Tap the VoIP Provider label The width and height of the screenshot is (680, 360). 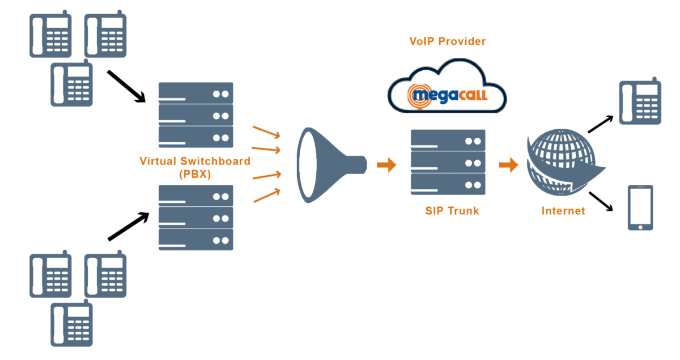[x=448, y=41]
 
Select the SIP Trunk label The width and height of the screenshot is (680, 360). [x=452, y=211]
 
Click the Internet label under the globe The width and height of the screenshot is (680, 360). [x=563, y=211]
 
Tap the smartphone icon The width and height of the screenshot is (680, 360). [x=640, y=207]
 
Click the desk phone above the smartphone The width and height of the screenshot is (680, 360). [x=640, y=102]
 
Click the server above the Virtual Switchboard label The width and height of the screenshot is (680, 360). [x=195, y=116]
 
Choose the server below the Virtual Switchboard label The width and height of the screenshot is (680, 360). [x=195, y=218]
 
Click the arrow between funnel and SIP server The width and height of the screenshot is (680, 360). [x=386, y=165]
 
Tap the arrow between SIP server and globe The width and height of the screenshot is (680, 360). [x=508, y=165]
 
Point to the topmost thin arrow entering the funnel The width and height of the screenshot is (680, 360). [x=266, y=132]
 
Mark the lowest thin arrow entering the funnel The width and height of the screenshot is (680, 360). [x=266, y=196]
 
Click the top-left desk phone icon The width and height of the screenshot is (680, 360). [x=51, y=35]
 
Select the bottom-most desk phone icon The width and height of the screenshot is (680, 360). [x=71, y=324]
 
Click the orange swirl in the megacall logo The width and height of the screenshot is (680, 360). [x=422, y=94]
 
